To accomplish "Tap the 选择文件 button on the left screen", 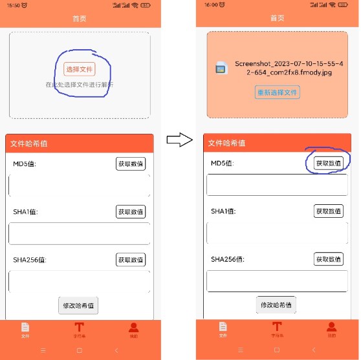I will pyautogui.click(x=80, y=69).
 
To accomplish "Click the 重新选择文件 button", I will pyautogui.click(x=277, y=92).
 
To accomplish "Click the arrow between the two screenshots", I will pyautogui.click(x=178, y=139).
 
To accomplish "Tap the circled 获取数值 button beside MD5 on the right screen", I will pyautogui.click(x=329, y=164).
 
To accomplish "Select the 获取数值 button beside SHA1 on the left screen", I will pyautogui.click(x=131, y=211).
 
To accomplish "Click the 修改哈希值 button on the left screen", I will pyautogui.click(x=78, y=305).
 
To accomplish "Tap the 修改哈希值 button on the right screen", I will pyautogui.click(x=276, y=304).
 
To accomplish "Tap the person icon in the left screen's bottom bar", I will pyautogui.click(x=133, y=328).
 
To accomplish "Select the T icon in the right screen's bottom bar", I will pyautogui.click(x=277, y=328).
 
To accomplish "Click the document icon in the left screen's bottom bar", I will pyautogui.click(x=25, y=328).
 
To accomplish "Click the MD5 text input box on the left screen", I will pyautogui.click(x=79, y=185).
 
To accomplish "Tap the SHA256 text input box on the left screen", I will pyautogui.click(x=79, y=282).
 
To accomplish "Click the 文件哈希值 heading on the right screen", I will pyautogui.click(x=227, y=143).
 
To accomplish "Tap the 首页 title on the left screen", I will pyautogui.click(x=79, y=19).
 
